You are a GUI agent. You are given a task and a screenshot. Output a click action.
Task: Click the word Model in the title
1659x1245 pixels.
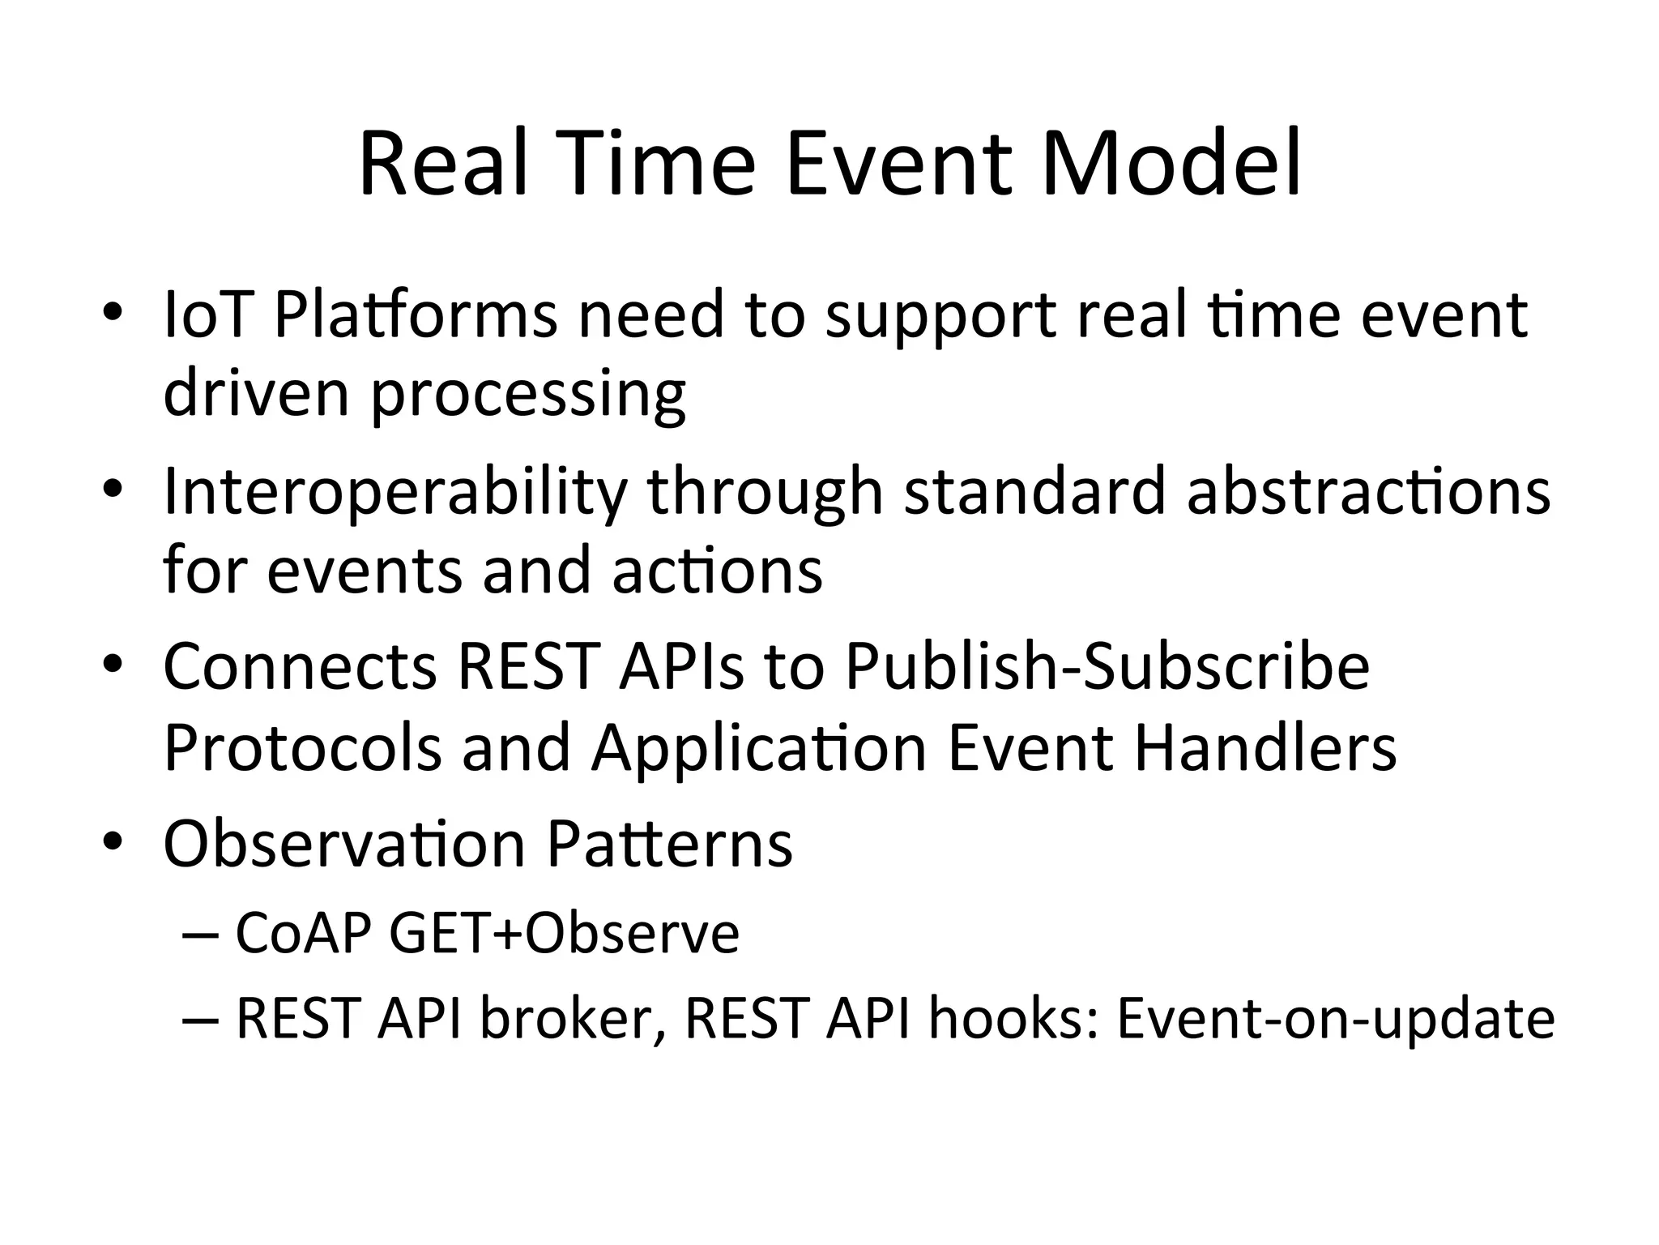[x=1171, y=165]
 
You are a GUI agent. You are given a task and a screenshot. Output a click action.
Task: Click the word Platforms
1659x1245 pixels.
[x=416, y=314]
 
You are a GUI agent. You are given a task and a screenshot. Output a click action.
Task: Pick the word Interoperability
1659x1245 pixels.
[x=394, y=491]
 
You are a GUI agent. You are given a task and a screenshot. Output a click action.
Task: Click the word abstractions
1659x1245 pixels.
[x=1368, y=491]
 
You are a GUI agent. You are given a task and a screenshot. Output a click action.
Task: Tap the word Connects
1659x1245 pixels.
[x=301, y=666]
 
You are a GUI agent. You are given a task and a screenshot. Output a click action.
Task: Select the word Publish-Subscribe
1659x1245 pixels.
[x=1107, y=666]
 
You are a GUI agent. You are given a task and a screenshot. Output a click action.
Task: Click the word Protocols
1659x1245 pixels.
[x=302, y=747]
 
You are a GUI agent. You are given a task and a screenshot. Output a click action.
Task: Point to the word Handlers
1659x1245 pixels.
[x=1265, y=747]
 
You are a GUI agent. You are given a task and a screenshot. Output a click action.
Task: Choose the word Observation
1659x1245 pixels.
[x=344, y=844]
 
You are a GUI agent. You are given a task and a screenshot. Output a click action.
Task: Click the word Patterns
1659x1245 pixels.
[x=669, y=844]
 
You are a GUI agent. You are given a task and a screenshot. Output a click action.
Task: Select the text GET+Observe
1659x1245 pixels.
[x=565, y=933]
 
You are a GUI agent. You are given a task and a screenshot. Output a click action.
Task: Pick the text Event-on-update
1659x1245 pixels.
[x=1336, y=1018]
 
